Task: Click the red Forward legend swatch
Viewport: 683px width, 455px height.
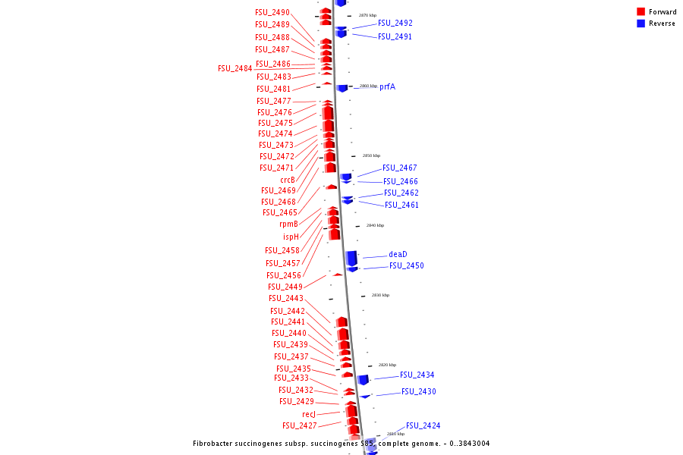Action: point(641,11)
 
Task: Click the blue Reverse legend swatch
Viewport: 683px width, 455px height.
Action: point(641,24)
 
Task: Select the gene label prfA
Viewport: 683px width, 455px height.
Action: point(387,86)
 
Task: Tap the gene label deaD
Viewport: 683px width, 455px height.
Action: point(398,254)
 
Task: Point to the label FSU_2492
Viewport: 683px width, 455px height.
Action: point(395,23)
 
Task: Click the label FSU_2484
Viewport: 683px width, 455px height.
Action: point(235,68)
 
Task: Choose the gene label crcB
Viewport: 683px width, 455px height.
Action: point(288,180)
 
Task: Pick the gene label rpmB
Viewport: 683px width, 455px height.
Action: point(288,224)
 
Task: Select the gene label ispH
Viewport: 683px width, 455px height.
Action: point(291,237)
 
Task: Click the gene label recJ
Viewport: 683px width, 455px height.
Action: point(309,414)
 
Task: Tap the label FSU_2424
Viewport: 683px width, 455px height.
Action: point(423,425)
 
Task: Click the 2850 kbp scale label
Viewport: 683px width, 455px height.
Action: point(371,155)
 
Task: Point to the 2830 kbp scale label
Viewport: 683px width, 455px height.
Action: point(380,295)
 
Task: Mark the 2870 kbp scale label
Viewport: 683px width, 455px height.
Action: point(367,15)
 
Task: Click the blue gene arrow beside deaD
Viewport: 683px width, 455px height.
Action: point(351,258)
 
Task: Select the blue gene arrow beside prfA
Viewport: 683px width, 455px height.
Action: point(342,88)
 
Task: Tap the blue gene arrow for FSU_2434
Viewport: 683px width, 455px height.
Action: point(363,379)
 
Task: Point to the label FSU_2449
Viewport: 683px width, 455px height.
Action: point(285,287)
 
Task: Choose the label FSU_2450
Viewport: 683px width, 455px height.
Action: point(407,265)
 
